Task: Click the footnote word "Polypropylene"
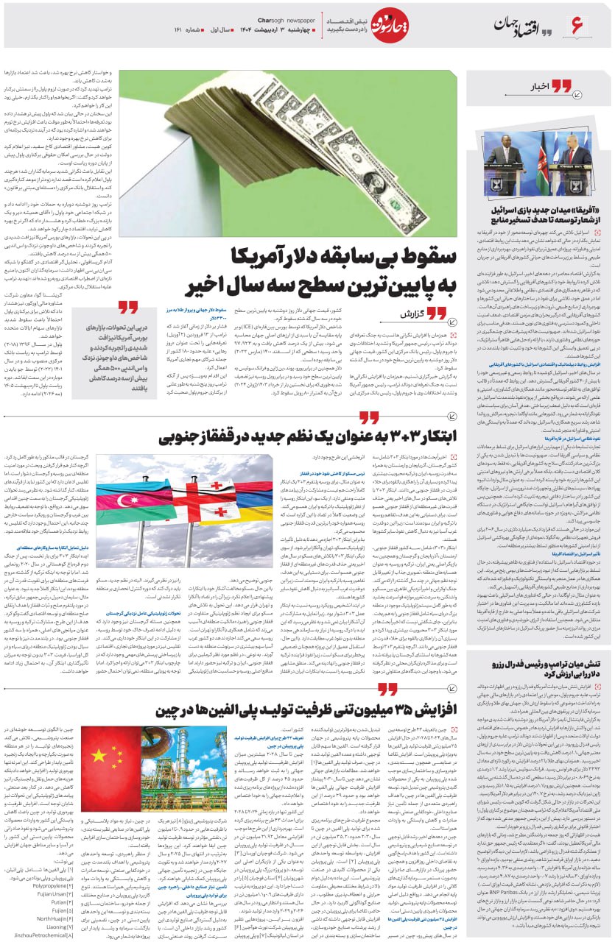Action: point(48,886)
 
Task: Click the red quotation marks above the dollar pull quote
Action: point(127,307)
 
